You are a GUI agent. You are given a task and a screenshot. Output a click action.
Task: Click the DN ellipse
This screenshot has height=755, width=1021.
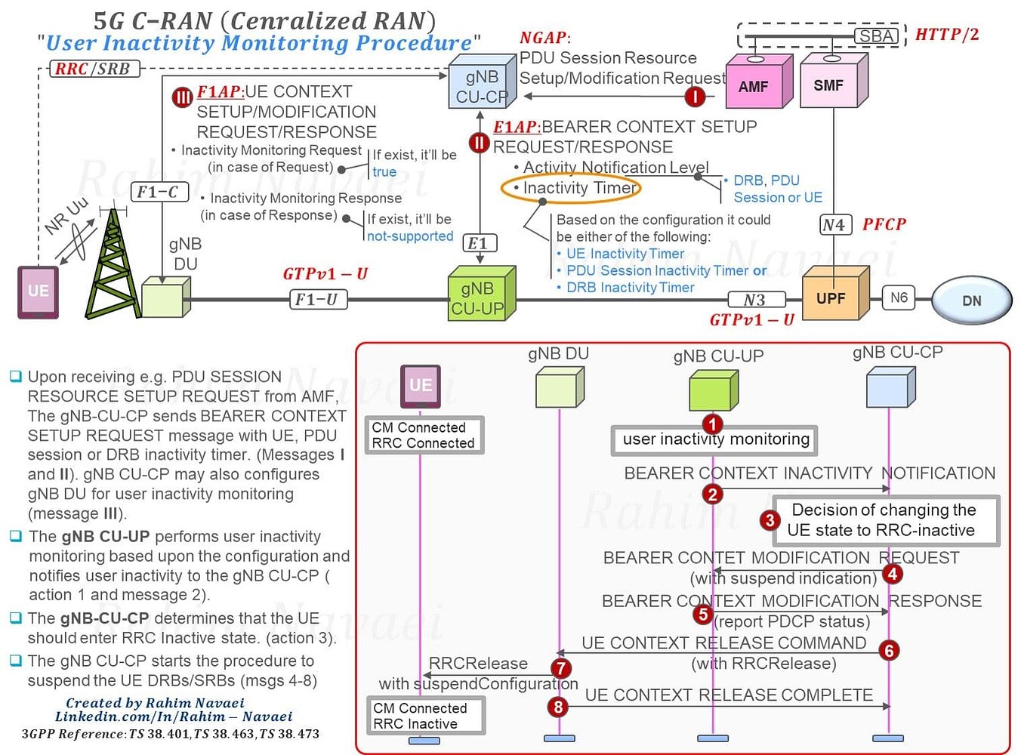(971, 300)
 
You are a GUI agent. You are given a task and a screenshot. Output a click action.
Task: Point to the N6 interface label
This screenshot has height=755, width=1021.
(899, 297)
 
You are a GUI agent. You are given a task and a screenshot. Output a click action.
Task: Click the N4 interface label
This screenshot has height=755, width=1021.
(834, 224)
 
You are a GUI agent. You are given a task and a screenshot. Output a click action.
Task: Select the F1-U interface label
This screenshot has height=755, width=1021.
(316, 300)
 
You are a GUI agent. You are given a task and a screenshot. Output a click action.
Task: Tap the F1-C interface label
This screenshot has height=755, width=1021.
(157, 192)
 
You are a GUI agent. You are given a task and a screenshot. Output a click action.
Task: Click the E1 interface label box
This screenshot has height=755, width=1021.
(478, 243)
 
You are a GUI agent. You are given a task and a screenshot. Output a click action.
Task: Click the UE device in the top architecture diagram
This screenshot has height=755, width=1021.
(38, 291)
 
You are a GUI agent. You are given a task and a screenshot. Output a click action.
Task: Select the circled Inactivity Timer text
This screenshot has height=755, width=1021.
(571, 187)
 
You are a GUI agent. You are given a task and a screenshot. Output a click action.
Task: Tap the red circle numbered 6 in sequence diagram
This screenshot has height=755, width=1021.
(889, 650)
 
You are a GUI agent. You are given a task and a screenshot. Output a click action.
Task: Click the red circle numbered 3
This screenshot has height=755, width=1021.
(769, 519)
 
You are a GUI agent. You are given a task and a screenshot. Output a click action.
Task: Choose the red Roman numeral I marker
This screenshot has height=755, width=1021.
(694, 96)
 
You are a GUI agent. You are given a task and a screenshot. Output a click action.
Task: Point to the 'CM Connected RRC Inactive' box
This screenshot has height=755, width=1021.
(424, 716)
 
